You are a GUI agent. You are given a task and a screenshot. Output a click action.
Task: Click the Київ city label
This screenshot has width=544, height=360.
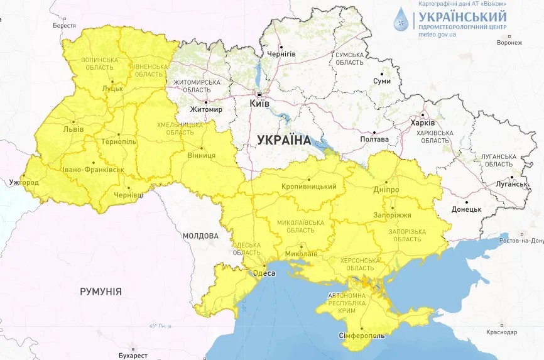point(259,102)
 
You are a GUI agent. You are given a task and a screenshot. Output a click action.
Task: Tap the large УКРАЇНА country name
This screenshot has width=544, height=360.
point(284,140)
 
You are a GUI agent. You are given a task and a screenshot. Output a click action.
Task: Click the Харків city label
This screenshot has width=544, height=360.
point(422,123)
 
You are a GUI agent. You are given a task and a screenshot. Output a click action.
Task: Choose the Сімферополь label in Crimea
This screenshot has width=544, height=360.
point(361,335)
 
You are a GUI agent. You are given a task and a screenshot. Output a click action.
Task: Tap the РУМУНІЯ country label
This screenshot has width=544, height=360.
point(101,292)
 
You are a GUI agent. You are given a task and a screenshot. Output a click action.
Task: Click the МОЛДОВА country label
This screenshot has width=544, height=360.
point(200,236)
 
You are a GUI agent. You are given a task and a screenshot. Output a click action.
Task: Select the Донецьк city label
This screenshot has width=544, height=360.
point(465,209)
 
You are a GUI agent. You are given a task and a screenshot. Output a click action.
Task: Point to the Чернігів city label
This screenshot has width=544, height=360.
point(281,54)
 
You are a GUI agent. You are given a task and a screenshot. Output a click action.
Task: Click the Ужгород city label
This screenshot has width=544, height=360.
point(24,182)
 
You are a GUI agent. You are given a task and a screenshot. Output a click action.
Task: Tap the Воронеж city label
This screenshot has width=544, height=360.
point(509,43)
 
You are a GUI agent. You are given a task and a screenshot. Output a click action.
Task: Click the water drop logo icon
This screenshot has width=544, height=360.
point(400,20)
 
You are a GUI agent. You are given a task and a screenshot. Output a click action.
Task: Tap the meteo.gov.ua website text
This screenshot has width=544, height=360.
point(437,35)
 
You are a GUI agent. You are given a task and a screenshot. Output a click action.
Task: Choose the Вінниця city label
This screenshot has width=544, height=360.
point(202,155)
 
